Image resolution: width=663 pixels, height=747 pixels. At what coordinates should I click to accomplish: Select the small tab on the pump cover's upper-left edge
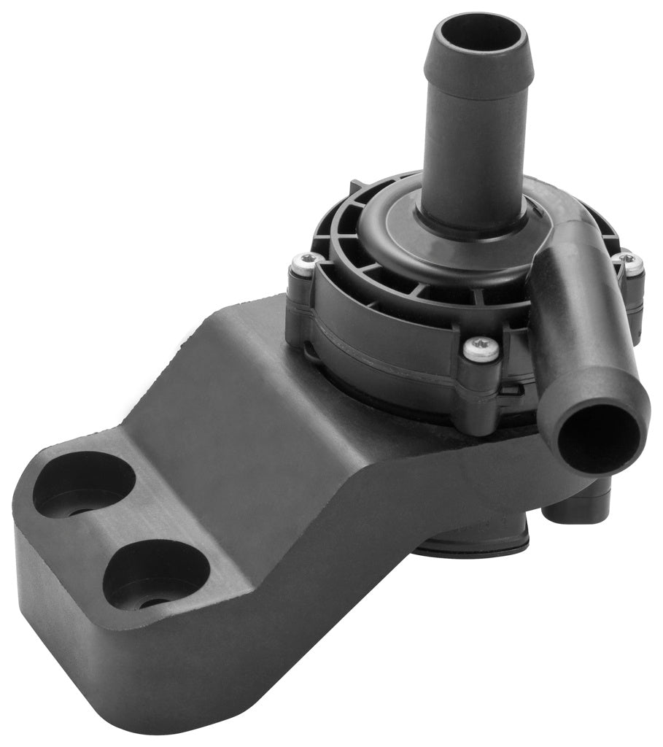tap(357, 187)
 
